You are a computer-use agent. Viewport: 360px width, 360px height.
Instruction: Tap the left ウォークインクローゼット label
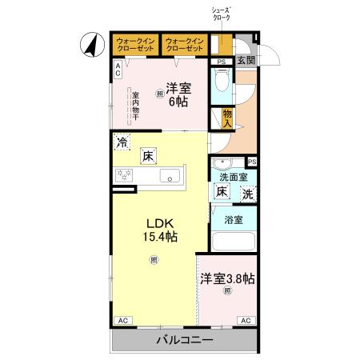135,43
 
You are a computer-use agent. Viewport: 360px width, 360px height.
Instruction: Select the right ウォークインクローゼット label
185,43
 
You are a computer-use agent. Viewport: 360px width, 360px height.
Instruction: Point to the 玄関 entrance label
246,61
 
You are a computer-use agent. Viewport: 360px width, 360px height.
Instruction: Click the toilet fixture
222,82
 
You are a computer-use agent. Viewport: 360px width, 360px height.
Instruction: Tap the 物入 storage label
227,118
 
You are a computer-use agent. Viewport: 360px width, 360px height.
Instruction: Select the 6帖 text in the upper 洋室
176,102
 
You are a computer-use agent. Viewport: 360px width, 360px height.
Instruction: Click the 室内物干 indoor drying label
135,105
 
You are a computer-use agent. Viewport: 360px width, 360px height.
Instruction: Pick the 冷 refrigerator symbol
122,145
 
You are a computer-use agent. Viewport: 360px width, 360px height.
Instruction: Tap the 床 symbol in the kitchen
148,156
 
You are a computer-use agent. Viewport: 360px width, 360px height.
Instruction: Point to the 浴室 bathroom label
233,220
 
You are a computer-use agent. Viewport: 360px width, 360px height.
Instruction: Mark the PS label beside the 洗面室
251,161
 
